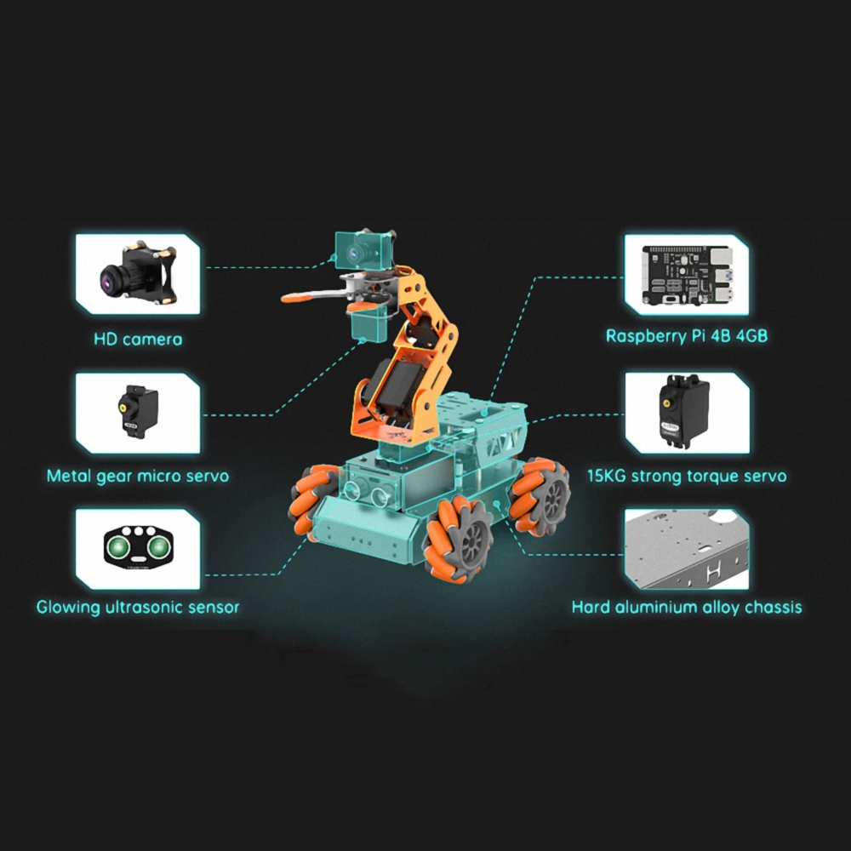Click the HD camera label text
click(138, 340)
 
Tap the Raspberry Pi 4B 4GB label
click(687, 336)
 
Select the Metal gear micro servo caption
click(138, 476)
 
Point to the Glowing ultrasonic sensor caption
click(138, 607)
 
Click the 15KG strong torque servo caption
click(687, 476)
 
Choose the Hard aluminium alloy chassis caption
click(687, 607)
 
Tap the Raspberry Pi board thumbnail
click(687, 275)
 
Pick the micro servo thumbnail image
click(139, 411)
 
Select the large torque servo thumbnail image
click(684, 411)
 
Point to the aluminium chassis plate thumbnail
click(687, 549)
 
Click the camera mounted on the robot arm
click(363, 251)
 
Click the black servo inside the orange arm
click(397, 387)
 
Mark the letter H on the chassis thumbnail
click(712, 572)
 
